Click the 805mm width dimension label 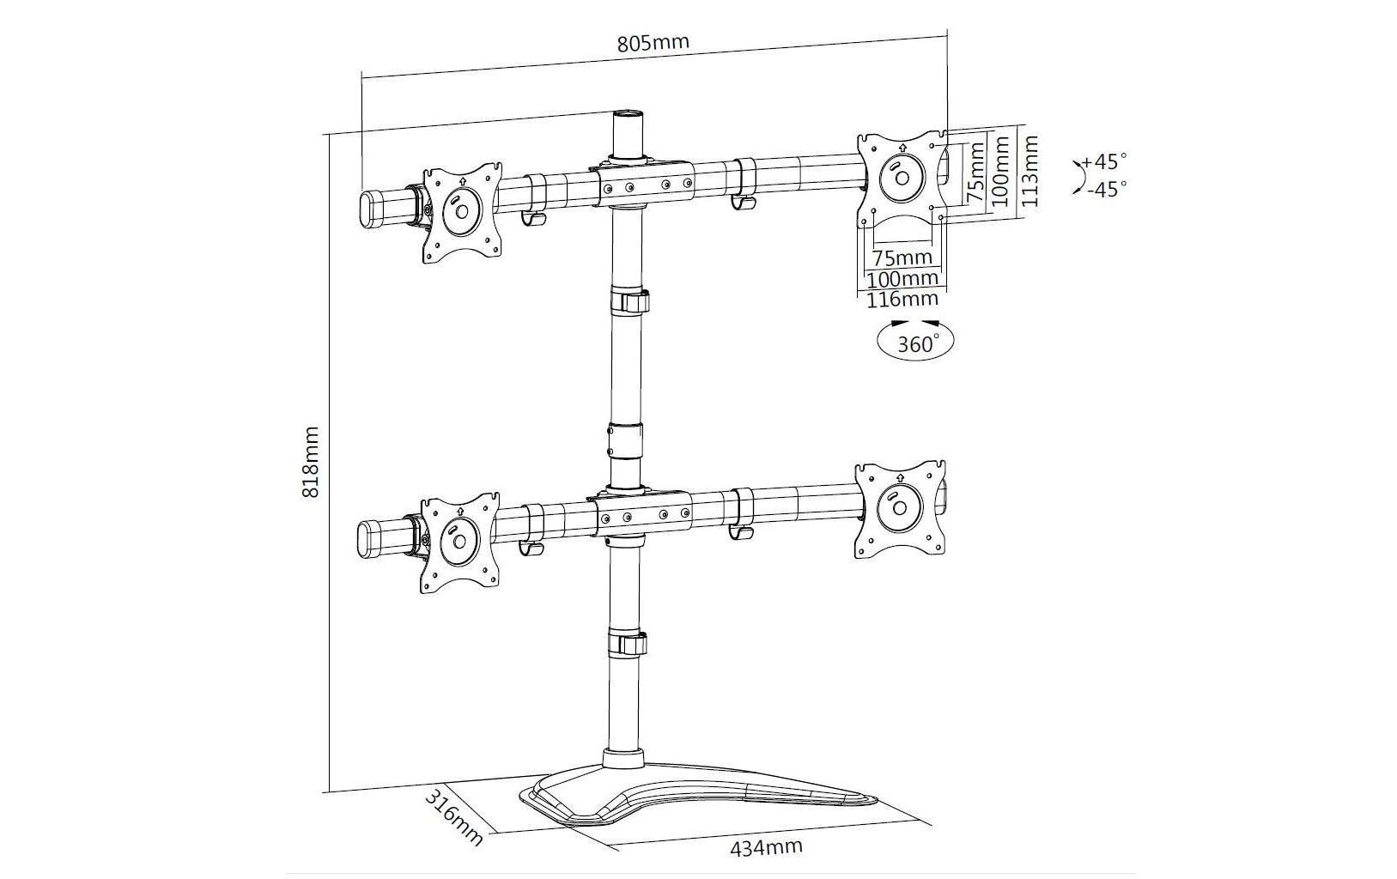click(x=653, y=43)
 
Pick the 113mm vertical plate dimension click(x=1030, y=171)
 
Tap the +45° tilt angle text click(x=1104, y=161)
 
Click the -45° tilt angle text click(x=1107, y=188)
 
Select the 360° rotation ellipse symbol click(x=915, y=341)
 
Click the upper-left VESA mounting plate click(x=463, y=213)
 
